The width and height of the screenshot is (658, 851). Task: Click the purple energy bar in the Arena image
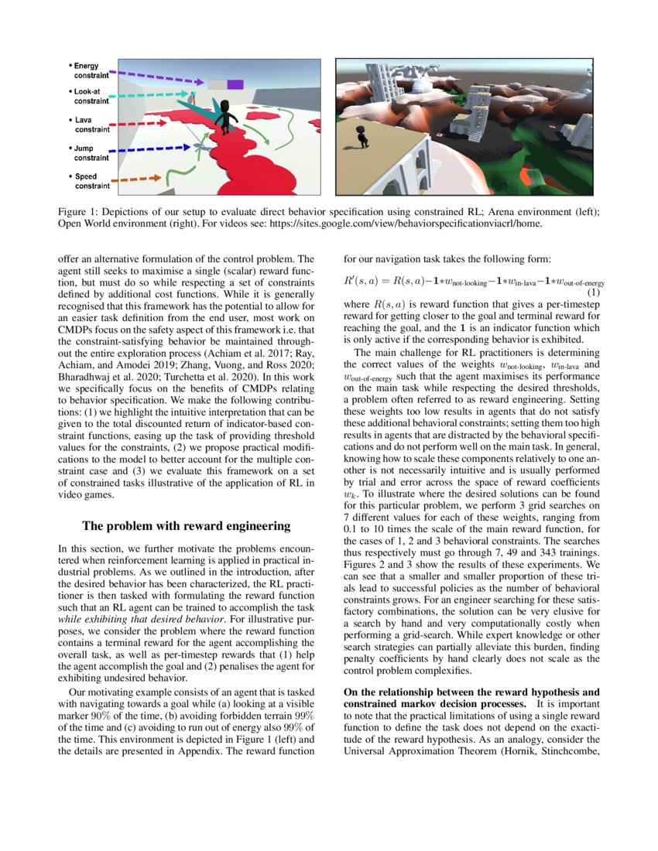pos(235,84)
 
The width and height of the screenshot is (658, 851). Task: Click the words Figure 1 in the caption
pos(79,212)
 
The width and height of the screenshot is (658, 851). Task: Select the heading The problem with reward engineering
pos(186,526)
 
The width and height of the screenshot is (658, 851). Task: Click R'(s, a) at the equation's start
pos(365,282)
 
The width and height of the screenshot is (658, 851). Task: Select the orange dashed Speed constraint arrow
pos(138,179)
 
